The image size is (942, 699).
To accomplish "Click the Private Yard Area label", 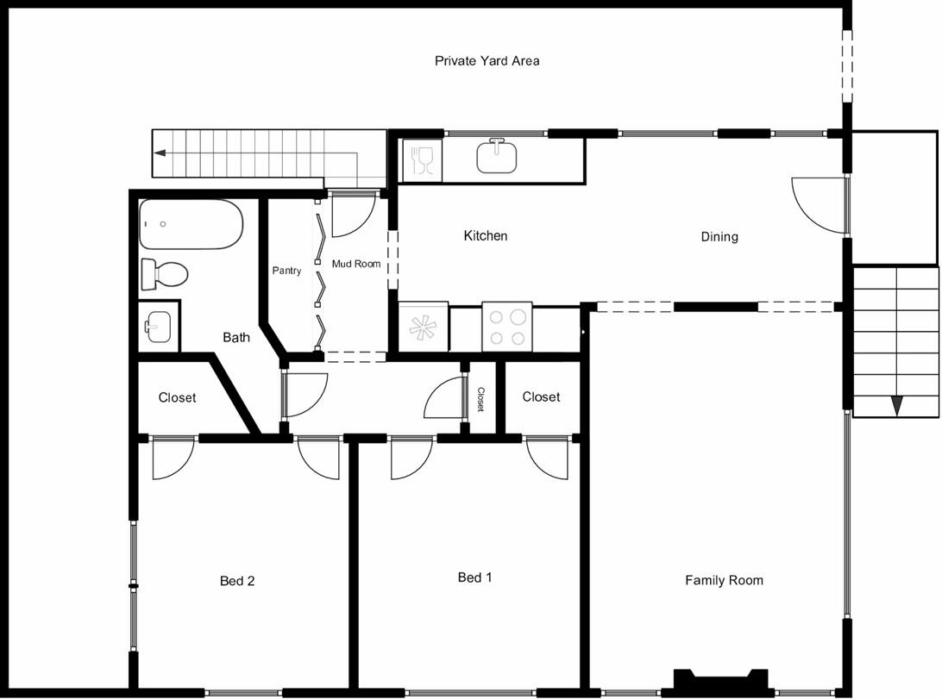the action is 487,60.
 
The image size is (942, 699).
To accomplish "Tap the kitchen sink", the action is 497,157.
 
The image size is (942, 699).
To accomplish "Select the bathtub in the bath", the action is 191,224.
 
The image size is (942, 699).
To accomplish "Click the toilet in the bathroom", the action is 164,275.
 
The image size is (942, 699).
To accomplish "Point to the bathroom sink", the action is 159,327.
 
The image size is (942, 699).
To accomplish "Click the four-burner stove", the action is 507,327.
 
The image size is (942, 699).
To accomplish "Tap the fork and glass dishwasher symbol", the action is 423,160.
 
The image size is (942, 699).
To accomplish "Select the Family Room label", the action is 724,580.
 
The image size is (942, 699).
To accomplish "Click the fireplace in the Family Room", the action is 721,679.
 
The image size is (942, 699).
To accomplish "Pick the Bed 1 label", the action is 474,577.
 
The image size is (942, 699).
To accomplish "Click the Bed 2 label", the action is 236,581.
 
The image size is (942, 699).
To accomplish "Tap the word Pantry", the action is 286,271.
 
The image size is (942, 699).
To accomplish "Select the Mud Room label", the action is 356,264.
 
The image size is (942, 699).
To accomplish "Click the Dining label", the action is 719,237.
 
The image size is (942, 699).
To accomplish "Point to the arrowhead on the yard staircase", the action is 160,153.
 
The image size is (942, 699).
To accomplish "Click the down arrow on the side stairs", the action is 896,406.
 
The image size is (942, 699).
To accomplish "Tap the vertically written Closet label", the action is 480,399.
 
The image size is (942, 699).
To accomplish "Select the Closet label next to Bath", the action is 177,397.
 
